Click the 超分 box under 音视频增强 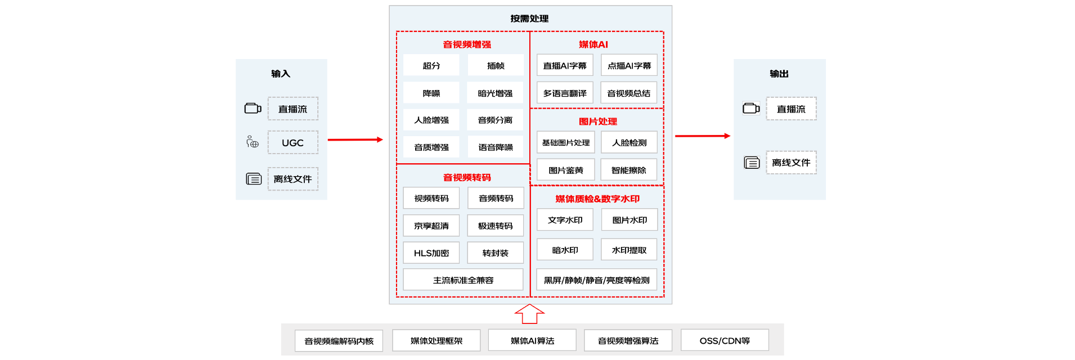click(x=431, y=65)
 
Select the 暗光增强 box click(x=495, y=93)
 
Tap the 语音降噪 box click(x=495, y=147)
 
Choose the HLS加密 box click(x=431, y=253)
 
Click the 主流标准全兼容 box click(x=463, y=280)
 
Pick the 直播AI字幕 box click(x=565, y=65)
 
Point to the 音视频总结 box click(x=629, y=93)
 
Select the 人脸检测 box click(x=629, y=142)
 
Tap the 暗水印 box click(x=565, y=250)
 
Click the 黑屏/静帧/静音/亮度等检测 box click(x=597, y=280)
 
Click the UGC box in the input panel click(x=293, y=143)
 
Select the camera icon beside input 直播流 click(x=253, y=108)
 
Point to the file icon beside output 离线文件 click(x=752, y=163)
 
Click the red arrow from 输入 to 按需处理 click(x=355, y=139)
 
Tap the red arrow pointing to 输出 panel click(x=703, y=136)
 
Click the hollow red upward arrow click(x=529, y=314)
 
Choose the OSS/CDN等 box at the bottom click(x=725, y=340)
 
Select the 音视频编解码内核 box click(x=339, y=341)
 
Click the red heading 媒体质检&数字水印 click(x=597, y=199)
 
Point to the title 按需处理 click(x=529, y=19)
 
